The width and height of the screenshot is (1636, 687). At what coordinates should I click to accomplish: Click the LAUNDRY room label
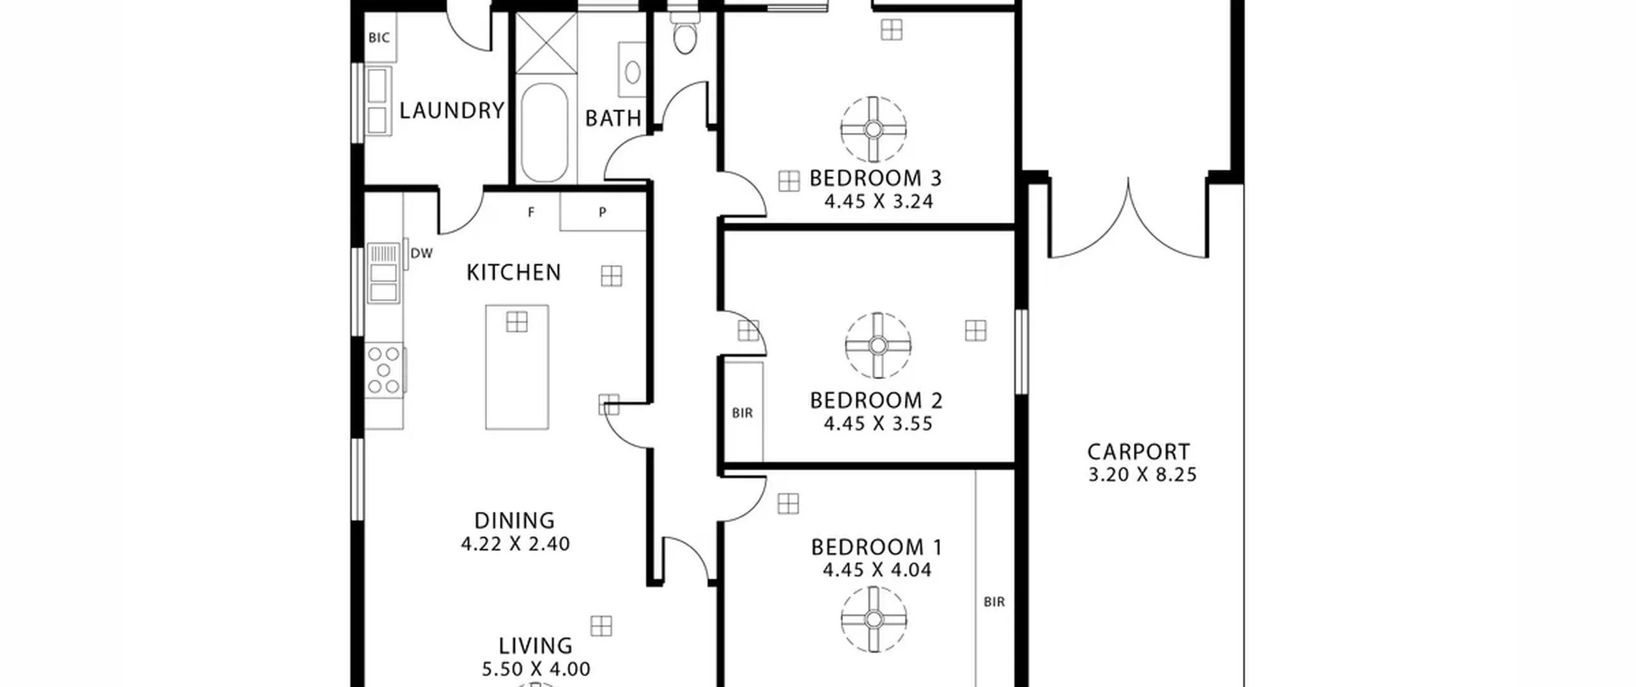(452, 111)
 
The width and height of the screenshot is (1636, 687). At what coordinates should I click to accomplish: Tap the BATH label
(613, 118)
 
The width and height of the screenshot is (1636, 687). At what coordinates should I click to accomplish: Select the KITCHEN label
(514, 273)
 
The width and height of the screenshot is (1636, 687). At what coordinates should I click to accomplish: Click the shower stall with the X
(546, 43)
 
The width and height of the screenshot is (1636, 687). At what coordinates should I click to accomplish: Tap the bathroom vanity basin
(633, 73)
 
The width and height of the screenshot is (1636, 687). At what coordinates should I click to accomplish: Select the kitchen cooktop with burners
(384, 370)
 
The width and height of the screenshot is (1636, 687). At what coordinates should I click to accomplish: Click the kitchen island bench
(517, 367)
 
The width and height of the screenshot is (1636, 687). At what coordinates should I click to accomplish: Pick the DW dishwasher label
(421, 253)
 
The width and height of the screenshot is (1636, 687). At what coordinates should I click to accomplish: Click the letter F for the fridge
(530, 213)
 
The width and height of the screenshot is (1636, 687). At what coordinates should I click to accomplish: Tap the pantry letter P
(602, 213)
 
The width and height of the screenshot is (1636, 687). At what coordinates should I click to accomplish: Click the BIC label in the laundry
(379, 38)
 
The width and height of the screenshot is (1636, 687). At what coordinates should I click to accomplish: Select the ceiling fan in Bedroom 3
(873, 130)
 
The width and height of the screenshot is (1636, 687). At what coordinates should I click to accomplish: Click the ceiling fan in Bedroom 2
(878, 346)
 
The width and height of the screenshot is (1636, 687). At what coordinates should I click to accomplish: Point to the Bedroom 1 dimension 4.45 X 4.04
(877, 570)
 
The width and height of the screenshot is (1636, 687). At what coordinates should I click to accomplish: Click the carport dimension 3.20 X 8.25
(1142, 475)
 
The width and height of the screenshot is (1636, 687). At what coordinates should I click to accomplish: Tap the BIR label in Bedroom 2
(743, 413)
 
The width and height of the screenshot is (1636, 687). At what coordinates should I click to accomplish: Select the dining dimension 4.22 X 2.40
(515, 544)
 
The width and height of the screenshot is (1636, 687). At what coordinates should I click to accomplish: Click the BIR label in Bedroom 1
(994, 602)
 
